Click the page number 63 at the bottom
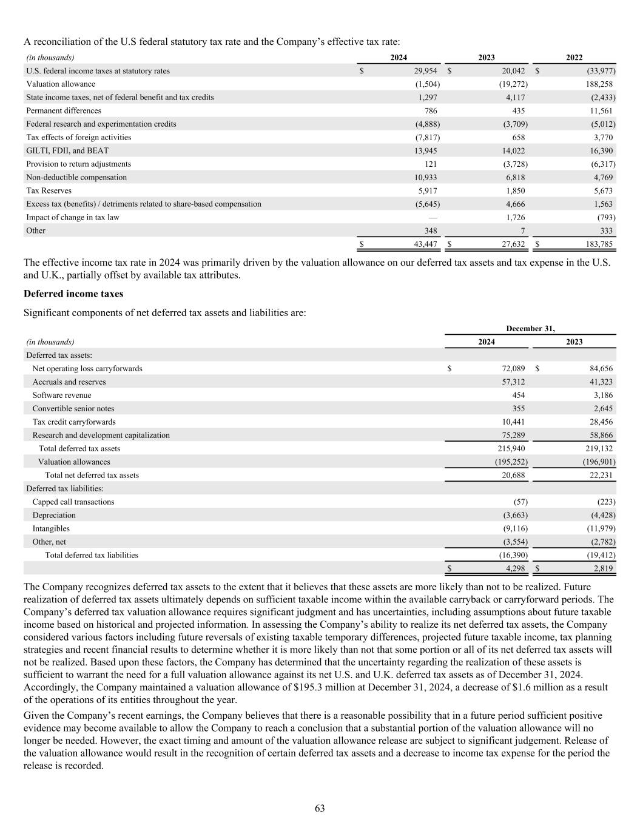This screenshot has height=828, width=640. pos(320,808)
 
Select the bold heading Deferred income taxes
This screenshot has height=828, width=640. pos(73,294)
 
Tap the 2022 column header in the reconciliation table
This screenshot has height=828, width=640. pos(574,58)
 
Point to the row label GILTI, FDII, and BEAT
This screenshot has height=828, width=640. pos(67,150)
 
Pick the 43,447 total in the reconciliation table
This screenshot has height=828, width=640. pos(422,244)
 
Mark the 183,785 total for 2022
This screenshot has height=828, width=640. pos(598,244)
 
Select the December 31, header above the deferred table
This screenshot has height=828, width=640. pos(530,328)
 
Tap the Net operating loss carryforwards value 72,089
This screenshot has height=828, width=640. pos(510,368)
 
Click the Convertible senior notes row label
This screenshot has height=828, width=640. pos(73,408)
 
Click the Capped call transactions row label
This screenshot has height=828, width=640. pos(73,502)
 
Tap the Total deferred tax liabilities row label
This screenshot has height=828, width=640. pos(92,555)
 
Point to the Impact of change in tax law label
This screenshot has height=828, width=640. pos(73,217)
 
